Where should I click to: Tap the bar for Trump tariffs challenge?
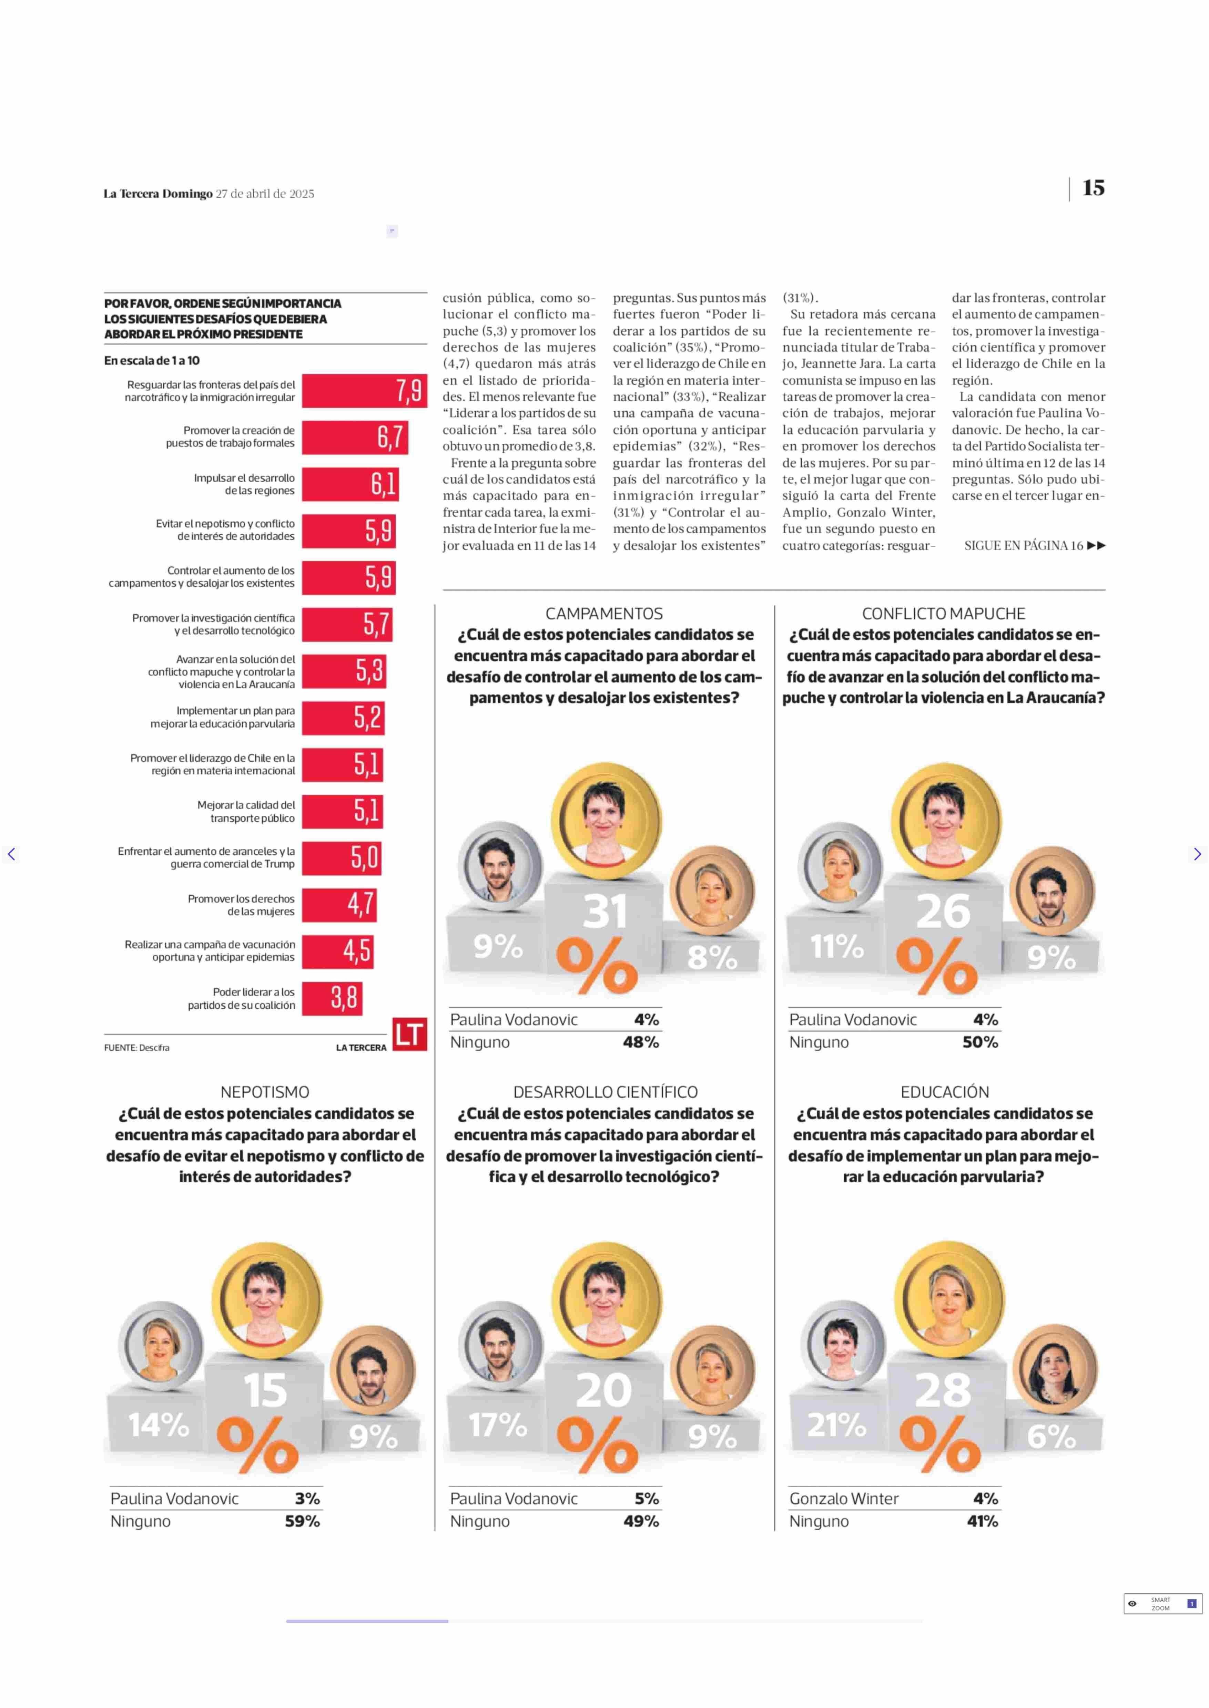[342, 857]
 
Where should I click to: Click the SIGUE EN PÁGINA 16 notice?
[1034, 546]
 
